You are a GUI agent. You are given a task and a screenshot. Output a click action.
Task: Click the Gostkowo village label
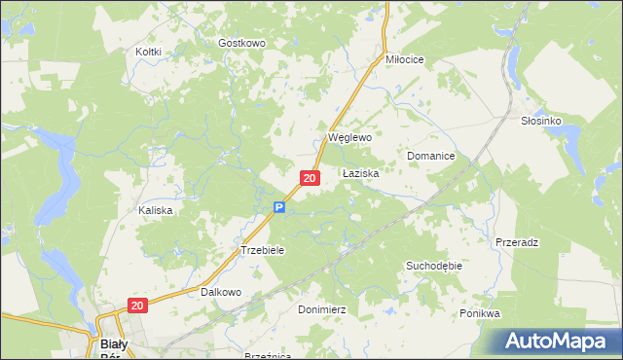coord(242,44)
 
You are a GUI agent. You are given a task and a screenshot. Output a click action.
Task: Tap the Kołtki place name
coord(148,51)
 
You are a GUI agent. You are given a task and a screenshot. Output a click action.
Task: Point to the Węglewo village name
coord(350,138)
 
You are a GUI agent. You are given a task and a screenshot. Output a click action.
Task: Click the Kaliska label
coord(156,210)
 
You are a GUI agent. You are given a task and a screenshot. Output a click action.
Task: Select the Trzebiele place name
coord(262,250)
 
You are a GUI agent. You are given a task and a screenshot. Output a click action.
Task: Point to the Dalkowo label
coord(221,291)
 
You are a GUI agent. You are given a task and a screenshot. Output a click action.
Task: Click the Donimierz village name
coord(321,308)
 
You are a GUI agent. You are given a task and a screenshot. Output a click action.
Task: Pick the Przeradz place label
coord(517,241)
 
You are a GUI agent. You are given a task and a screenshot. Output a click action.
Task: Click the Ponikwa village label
coord(480,313)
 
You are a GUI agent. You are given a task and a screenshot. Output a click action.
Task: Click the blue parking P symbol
coord(278,207)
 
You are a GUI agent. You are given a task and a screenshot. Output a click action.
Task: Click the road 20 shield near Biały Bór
coord(136,306)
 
